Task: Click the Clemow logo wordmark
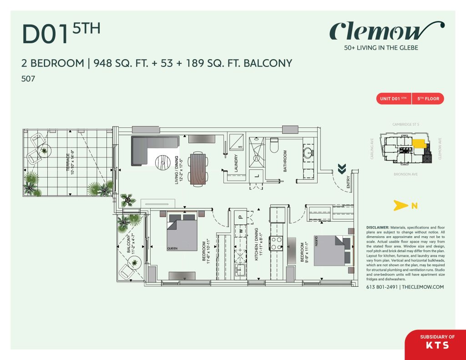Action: (381, 31)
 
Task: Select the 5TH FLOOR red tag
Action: (427, 98)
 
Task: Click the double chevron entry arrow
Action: (341, 169)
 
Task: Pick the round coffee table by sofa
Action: (163, 162)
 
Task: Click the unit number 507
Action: (28, 79)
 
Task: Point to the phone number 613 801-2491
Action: (381, 287)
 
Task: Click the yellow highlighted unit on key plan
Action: (418, 143)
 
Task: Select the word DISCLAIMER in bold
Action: (377, 227)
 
